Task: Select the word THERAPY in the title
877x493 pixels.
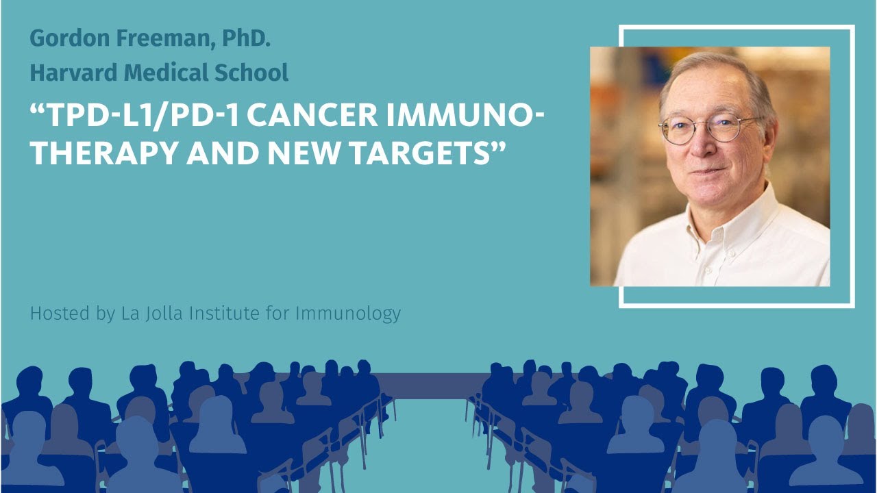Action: pyautogui.click(x=97, y=154)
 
